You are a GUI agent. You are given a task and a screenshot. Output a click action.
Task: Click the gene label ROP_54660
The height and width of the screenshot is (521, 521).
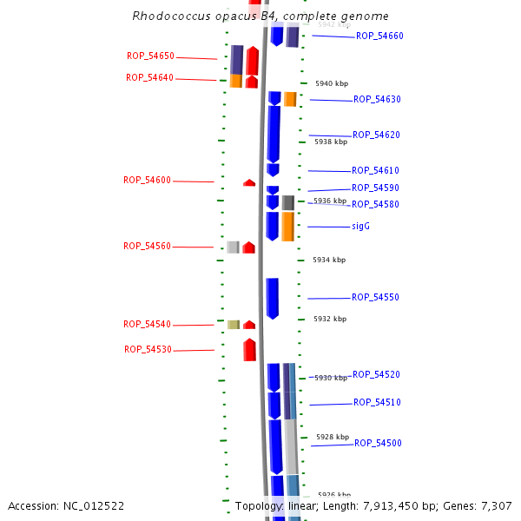coord(379,36)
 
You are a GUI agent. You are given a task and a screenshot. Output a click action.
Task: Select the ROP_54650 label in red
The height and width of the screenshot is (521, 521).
coord(150,56)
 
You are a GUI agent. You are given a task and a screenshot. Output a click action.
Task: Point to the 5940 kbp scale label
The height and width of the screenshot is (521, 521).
coord(331,83)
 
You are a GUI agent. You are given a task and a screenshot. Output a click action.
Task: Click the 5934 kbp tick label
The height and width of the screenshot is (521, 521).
coord(329,260)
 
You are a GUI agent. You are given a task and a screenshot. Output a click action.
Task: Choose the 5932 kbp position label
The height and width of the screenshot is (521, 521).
coord(330,319)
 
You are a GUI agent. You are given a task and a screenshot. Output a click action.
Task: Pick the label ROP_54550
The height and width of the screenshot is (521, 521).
coord(375,297)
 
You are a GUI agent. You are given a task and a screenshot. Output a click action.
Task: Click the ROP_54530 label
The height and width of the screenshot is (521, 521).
coord(148,349)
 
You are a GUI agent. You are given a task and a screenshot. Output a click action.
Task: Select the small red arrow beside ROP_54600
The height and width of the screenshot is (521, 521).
coord(249,182)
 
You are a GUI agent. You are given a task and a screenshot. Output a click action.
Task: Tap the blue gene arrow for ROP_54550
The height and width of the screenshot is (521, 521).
coord(273,298)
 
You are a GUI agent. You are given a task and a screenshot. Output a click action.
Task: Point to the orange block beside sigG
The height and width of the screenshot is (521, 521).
coord(287,227)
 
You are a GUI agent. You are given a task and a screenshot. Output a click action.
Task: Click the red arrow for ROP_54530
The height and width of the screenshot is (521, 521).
coord(249,350)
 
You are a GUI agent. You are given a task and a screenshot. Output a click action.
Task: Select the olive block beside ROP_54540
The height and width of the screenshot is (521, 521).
coord(234,325)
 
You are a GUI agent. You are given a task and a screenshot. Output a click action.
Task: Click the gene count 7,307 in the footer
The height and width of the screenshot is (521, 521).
coord(496,505)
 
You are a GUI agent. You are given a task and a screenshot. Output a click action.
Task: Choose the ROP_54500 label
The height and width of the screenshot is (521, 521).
coord(378,443)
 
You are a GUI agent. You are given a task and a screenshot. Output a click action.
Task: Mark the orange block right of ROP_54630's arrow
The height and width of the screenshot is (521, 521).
coord(290,99)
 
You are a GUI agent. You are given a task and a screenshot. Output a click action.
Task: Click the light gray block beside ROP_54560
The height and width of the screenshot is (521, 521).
coord(233,247)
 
